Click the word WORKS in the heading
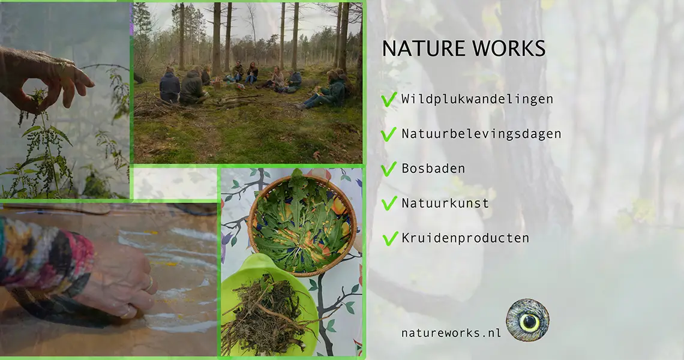coord(509,49)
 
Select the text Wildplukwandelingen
coord(477,99)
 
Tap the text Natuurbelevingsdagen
coord(481,134)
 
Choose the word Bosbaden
coord(433,169)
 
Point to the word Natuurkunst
coord(445,203)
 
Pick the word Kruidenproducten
coord(465,238)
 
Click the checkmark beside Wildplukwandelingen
coord(389,100)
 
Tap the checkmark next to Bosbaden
coord(389,169)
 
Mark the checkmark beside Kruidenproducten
coord(389,238)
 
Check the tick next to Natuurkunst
coord(389,203)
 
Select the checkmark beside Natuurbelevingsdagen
coord(389,134)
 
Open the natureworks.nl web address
coord(451,333)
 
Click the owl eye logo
coord(528,320)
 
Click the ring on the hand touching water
coord(149,284)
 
